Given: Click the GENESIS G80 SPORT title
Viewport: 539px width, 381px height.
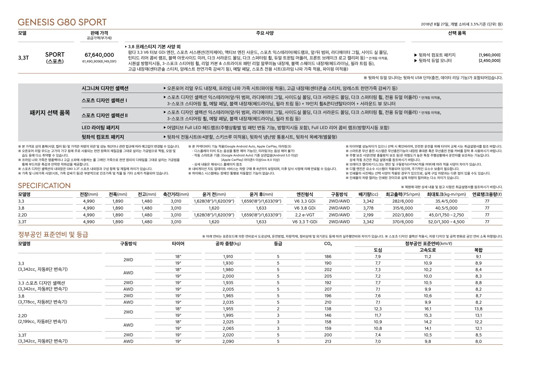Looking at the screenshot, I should tap(62, 23).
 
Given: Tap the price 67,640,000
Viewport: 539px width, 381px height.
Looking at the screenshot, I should tap(99, 55).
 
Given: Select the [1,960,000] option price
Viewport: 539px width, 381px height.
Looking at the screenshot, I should tap(490, 55).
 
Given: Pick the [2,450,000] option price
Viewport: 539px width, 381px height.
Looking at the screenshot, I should tap(490, 61).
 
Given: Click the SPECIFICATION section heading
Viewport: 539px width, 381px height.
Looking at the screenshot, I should tap(44, 186).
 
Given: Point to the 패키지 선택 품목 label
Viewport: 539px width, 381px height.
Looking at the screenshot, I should tap(50, 113).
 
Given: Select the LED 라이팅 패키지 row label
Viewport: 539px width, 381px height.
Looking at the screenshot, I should tap(100, 128).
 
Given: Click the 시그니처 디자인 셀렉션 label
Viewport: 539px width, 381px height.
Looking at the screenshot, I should tap(105, 88).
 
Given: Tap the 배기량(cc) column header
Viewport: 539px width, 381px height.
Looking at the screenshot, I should tap(368, 194).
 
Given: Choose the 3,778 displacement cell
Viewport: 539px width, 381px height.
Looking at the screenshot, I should tap(368, 208).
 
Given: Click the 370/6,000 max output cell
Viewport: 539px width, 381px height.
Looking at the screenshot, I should tap(403, 222).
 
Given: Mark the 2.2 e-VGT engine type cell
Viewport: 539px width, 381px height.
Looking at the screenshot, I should tap(305, 215).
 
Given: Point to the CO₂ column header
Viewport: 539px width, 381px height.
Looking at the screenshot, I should tap(328, 244).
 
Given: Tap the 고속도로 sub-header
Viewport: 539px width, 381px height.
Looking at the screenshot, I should tap(428, 250).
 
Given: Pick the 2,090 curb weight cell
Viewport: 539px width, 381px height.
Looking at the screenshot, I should tap(228, 341).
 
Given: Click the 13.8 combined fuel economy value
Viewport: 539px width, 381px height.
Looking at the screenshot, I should tap(478, 309).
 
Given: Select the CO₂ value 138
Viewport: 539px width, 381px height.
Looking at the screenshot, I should tap(328, 309).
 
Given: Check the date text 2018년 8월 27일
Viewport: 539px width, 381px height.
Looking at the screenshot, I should tap(435, 24).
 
